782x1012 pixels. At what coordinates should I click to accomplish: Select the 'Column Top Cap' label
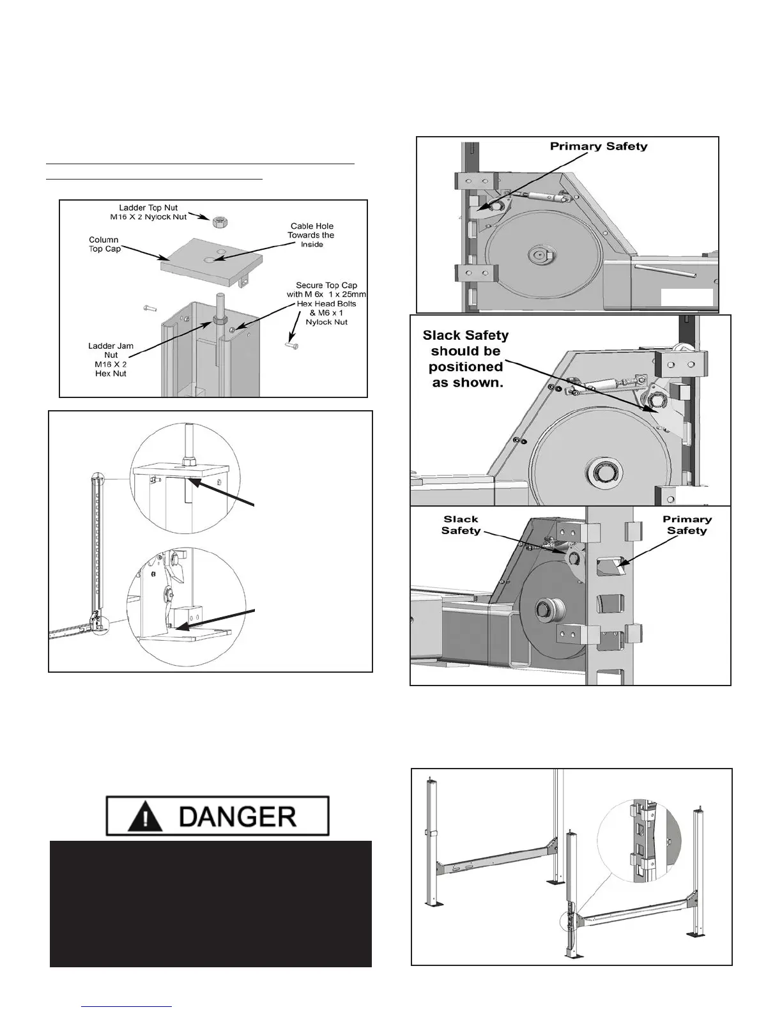tap(104, 244)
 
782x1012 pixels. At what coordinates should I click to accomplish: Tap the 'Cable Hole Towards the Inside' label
tap(312, 235)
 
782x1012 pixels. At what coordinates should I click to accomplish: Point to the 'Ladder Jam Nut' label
tap(111, 360)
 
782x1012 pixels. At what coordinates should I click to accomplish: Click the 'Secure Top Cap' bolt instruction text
tap(326, 303)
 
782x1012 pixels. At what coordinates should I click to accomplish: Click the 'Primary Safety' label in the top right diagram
tap(599, 146)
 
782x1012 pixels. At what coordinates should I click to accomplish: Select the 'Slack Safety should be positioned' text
tap(466, 358)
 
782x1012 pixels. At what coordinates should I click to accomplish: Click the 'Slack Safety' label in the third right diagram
tap(461, 525)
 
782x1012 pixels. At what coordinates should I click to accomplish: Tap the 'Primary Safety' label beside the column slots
tap(687, 525)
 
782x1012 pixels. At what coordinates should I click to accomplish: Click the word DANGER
tap(237, 816)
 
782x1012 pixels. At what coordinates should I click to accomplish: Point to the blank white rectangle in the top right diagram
tap(687, 297)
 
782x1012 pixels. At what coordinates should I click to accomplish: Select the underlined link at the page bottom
tap(127, 1006)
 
